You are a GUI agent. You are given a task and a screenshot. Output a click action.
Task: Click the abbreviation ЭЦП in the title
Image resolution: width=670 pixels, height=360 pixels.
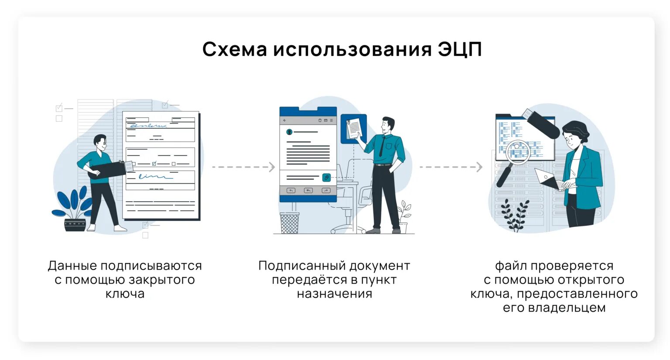[x=460, y=49]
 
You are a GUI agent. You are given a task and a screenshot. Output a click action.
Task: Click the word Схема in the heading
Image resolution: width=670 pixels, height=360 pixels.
[x=235, y=49]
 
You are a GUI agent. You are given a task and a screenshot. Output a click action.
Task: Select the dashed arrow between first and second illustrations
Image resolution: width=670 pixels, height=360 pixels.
[x=243, y=167]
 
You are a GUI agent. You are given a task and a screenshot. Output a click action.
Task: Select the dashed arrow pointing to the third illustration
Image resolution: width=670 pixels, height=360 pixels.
[x=451, y=167]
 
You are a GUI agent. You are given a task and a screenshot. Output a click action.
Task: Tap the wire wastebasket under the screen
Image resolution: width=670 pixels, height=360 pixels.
[x=290, y=223]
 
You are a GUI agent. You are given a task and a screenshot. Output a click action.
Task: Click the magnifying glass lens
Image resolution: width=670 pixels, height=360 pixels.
[x=518, y=151]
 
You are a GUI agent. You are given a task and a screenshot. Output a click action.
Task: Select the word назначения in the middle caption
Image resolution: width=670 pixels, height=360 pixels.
[x=335, y=294]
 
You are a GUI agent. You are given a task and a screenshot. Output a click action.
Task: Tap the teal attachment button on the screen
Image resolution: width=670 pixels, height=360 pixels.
[x=326, y=177]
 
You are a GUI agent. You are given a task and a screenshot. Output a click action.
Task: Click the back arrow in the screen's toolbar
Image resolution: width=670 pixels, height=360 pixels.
[x=285, y=120]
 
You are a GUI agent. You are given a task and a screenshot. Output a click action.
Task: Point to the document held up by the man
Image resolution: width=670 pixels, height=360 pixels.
[x=354, y=129]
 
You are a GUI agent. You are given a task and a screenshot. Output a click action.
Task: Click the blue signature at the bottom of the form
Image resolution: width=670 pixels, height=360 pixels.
[x=154, y=177]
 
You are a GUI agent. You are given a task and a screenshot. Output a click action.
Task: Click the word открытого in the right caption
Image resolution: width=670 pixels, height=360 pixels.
[x=590, y=280]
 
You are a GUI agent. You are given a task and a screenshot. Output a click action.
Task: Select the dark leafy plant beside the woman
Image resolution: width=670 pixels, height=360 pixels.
[x=515, y=215]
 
